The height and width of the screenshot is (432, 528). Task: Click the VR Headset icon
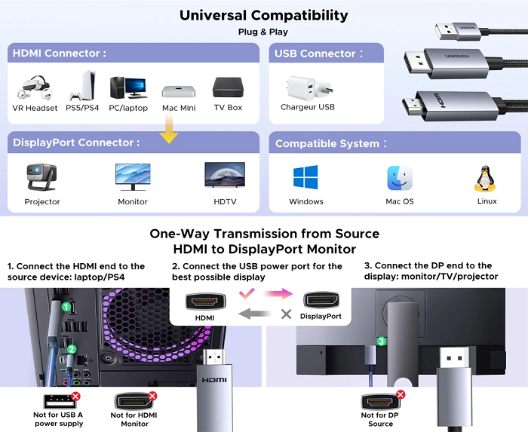point(35,88)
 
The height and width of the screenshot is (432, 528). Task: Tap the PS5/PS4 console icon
point(83,87)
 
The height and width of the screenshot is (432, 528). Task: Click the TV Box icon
point(227,87)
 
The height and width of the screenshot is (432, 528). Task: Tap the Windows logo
point(305,178)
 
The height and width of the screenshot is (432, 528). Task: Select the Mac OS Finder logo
point(399,178)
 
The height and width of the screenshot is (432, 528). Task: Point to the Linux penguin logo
point(487,179)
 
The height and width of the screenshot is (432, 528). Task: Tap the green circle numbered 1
point(67,307)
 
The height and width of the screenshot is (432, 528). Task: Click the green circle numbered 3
point(382,342)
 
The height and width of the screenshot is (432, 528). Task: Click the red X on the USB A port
point(75,396)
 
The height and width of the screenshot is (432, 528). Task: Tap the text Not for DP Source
point(380,419)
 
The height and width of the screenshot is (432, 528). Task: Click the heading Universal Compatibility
point(264,15)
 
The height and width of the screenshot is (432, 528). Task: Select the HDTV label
point(224,201)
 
